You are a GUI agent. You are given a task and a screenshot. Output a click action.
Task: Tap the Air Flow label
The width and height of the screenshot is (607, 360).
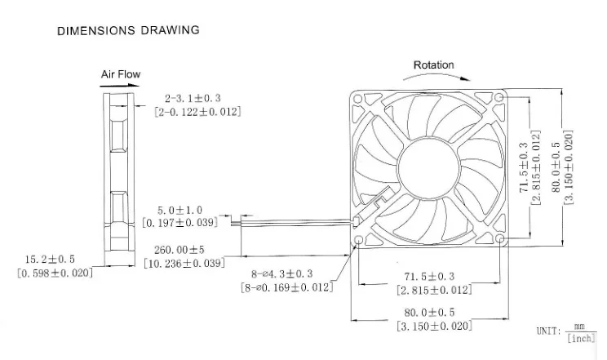pos(121,74)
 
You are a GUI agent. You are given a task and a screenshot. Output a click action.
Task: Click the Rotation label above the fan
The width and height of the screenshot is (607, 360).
pos(433,65)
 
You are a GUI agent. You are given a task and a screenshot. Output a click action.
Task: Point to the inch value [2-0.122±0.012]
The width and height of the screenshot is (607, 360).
pos(197,111)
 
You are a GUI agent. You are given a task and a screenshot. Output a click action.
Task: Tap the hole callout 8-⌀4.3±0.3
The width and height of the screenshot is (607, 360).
pos(283,275)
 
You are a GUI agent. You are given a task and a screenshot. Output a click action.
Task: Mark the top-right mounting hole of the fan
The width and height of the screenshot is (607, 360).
pos(499,98)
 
